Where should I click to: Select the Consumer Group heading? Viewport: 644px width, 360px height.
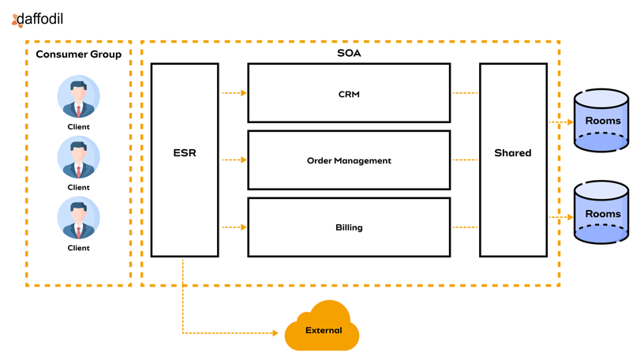coord(79,54)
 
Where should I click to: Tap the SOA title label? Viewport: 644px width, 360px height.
coord(349,54)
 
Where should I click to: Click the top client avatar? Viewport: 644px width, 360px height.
coord(79,96)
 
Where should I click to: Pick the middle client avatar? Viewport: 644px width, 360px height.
coord(79,157)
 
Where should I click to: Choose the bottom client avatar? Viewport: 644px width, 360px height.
coord(79,218)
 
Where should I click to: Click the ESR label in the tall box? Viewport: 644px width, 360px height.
coord(184,152)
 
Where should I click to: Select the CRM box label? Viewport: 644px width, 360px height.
coord(349,94)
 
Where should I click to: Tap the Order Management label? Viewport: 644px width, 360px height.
coord(349,160)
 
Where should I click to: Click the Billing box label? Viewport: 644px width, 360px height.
coord(349,227)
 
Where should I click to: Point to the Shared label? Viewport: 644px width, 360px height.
coord(513,152)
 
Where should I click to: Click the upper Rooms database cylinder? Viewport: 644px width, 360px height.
coord(601,121)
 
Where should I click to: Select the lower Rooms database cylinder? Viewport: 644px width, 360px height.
coord(601,213)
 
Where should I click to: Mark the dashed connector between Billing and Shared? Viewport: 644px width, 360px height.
coord(465,227)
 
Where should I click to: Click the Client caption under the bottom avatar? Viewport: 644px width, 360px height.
coord(79,248)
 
